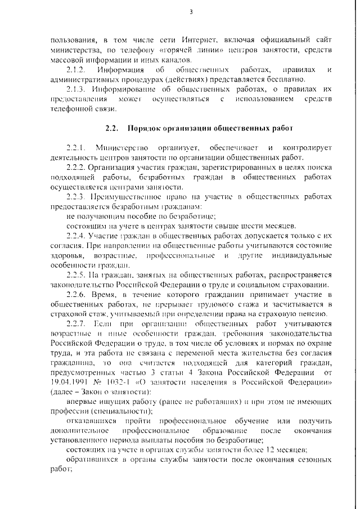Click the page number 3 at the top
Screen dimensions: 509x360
point(191,11)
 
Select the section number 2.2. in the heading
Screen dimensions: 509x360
point(111,128)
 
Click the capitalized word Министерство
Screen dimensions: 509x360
point(123,147)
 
